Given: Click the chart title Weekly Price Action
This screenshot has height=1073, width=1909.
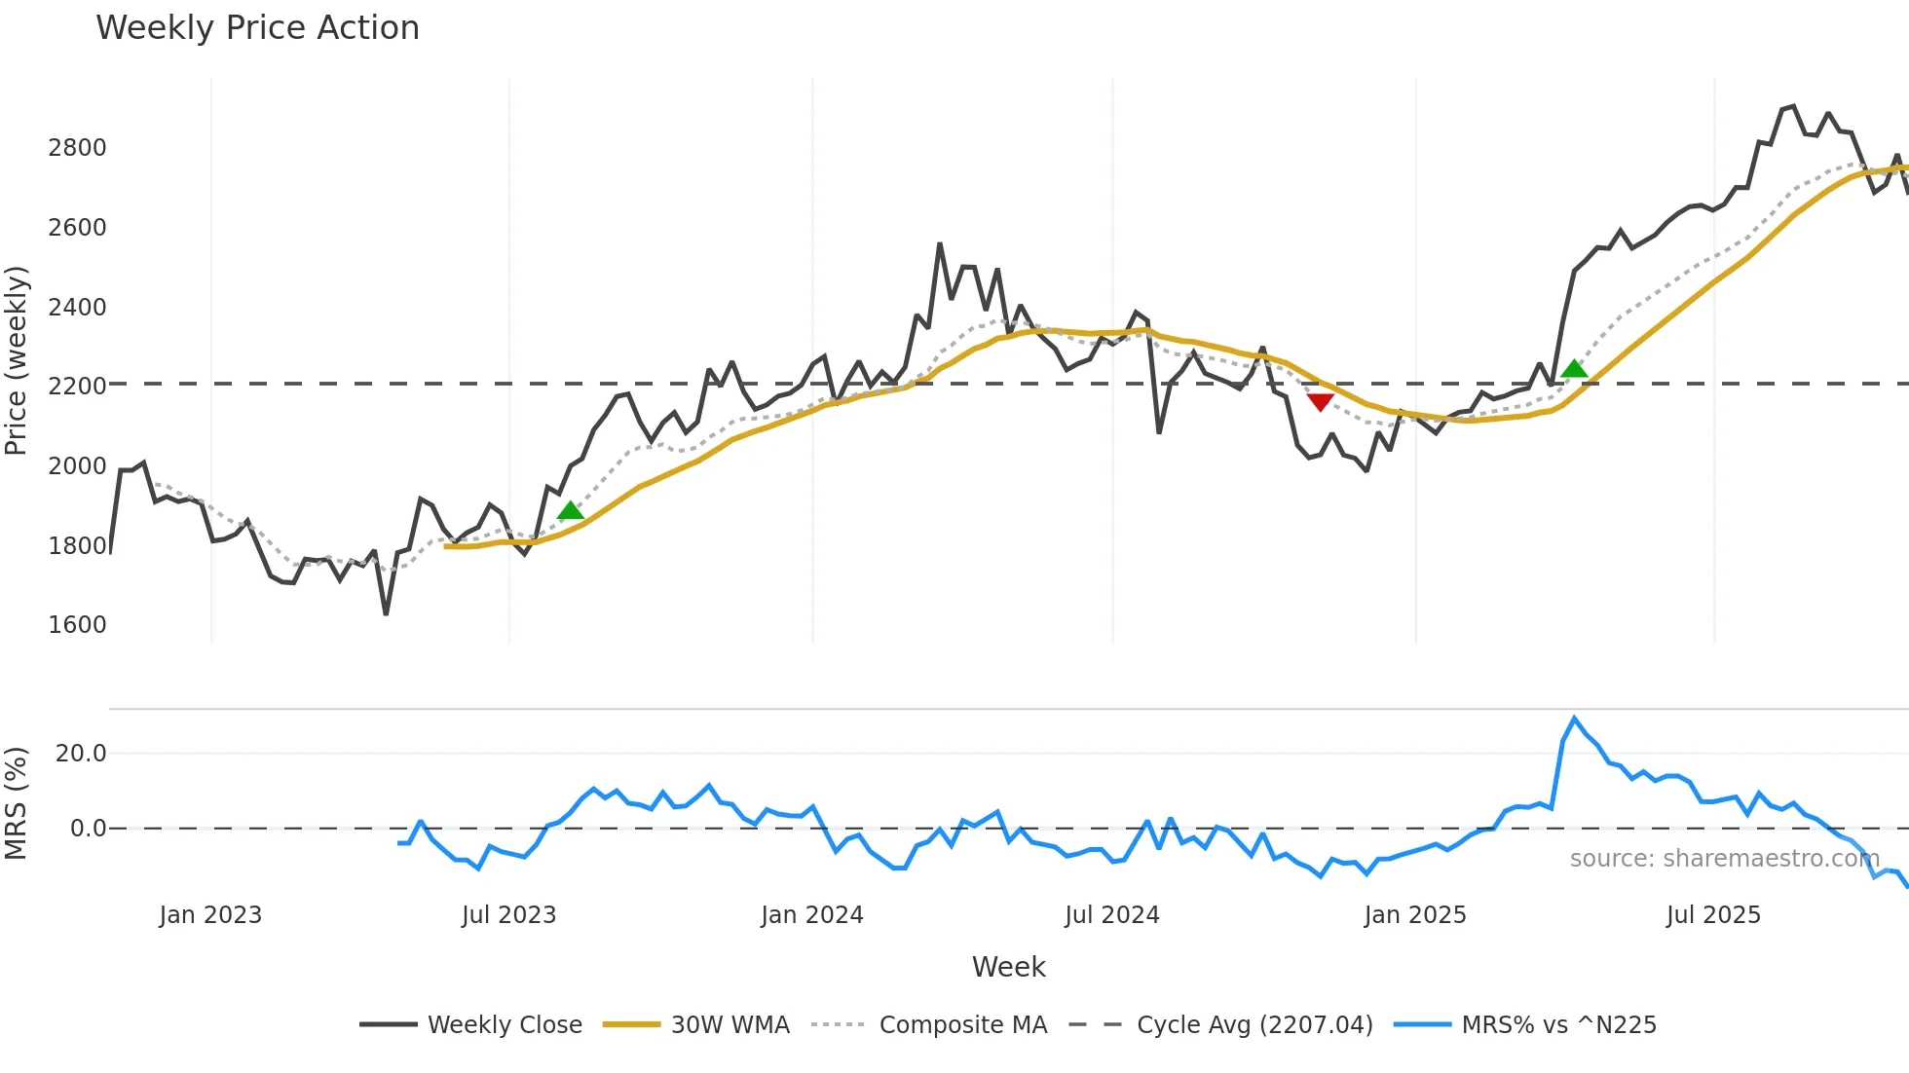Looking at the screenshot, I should [257, 28].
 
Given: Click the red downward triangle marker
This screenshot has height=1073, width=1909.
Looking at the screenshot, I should [1320, 402].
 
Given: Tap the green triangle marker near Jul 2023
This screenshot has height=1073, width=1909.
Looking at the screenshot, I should [570, 510].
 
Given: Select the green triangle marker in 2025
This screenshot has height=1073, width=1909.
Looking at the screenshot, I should [1574, 368].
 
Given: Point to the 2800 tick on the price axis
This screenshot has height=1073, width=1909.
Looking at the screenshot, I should [77, 148].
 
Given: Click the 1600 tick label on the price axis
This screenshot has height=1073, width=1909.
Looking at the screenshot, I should [77, 625].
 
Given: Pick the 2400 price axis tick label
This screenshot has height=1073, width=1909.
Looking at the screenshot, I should [77, 308].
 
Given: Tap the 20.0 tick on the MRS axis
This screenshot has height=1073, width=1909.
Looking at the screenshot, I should [81, 754].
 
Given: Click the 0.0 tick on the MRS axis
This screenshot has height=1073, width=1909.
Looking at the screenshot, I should [88, 829].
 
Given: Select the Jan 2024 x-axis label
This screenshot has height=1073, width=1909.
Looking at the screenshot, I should [811, 915].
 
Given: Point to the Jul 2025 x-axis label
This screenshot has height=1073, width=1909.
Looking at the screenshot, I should [1713, 915].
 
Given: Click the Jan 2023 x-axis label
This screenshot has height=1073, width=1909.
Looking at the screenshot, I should [210, 915].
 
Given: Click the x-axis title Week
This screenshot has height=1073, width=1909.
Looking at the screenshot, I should [1008, 967].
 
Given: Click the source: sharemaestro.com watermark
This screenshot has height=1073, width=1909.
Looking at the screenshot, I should [1724, 859].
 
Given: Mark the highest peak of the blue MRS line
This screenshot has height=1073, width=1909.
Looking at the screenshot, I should [1574, 719].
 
